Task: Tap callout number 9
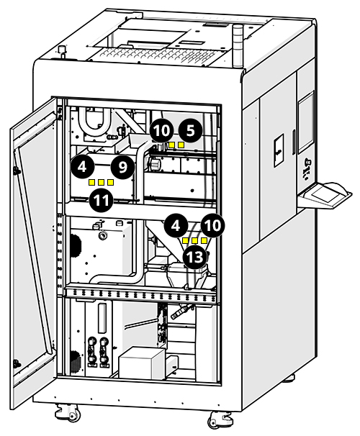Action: [x=123, y=167]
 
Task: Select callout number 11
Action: [x=101, y=201]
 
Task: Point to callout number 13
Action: [x=193, y=257]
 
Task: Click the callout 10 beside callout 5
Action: [x=162, y=130]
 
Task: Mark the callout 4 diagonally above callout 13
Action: [x=175, y=224]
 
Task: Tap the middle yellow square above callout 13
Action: [x=194, y=240]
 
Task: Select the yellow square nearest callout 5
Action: [x=181, y=145]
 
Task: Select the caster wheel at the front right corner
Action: [x=218, y=419]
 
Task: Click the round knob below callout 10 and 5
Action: [x=153, y=165]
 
